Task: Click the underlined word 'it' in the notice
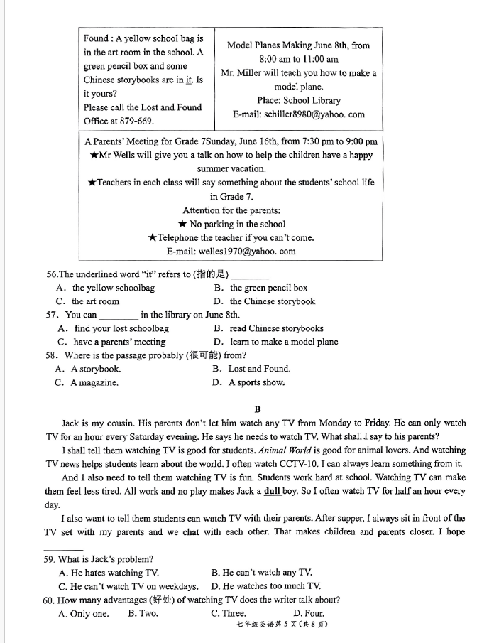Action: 189,80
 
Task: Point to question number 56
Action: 51,275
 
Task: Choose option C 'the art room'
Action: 89,301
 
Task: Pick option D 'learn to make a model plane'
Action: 276,342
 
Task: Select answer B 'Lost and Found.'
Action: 252,369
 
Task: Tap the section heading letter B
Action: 258,409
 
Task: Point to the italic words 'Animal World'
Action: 285,450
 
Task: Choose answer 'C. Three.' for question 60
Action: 229,613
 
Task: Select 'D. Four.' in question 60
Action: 309,613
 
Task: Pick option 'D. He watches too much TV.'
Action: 265,586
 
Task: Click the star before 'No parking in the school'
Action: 182,225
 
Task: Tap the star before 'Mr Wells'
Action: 94,156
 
